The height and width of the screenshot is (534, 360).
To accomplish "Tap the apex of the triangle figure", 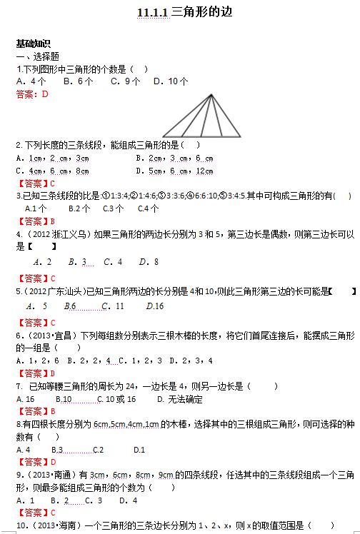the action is coord(211,95).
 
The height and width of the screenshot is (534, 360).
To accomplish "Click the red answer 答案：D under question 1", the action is coord(31,94).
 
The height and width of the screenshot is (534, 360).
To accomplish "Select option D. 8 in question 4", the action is coord(151,262).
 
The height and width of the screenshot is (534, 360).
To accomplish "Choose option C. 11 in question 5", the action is coord(113,306).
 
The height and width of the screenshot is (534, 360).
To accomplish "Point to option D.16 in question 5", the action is coord(154,306).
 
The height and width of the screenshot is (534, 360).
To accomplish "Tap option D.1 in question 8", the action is coord(139,450).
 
